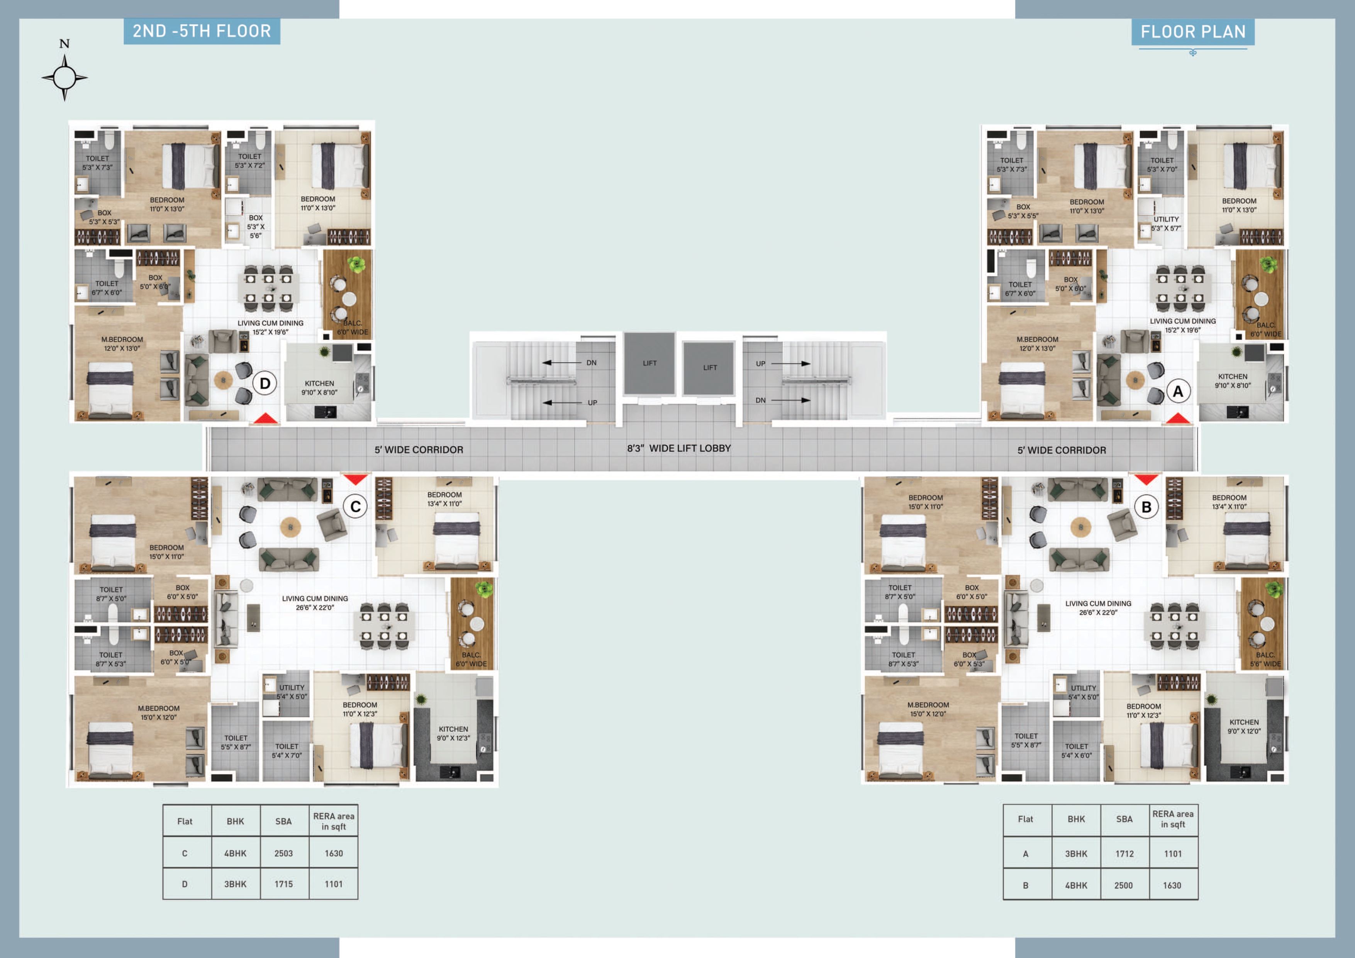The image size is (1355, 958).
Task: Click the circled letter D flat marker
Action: point(265,384)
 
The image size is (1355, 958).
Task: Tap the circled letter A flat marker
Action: point(1178,391)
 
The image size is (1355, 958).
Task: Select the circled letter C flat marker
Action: point(355,507)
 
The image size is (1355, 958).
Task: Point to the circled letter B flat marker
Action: point(1146,507)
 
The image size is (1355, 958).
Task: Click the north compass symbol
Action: point(64,71)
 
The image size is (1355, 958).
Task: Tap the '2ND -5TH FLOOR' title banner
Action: point(202,31)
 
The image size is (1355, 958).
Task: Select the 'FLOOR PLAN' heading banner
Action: point(1193,32)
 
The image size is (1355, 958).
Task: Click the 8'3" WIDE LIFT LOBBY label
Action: point(679,449)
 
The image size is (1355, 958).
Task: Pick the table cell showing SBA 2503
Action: point(284,853)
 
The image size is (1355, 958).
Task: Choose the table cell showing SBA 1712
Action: point(1124,853)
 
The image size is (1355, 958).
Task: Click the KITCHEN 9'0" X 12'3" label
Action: point(453,734)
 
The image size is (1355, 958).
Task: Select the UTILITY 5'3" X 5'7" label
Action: point(1166,224)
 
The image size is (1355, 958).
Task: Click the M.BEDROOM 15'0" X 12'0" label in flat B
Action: point(928,709)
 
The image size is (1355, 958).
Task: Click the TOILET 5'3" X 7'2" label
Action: point(249,161)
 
